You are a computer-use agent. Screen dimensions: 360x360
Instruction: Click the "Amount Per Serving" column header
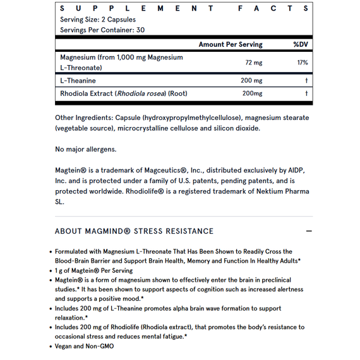tap(230, 44)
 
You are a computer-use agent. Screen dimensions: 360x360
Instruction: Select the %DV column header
tap(300, 44)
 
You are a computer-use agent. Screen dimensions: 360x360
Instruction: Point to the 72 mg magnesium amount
tap(253, 63)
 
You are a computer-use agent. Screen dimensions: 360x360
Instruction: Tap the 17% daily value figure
tap(302, 63)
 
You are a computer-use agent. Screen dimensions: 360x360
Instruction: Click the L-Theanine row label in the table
tap(78, 81)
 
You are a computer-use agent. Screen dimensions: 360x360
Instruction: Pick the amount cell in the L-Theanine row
tap(251, 81)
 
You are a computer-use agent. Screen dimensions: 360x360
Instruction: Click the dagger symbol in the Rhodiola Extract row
tap(306, 93)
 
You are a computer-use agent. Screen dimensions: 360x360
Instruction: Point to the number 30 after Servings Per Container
tap(140, 30)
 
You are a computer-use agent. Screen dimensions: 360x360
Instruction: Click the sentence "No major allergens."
tap(85, 149)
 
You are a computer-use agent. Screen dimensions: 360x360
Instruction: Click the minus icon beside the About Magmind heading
tap(309, 231)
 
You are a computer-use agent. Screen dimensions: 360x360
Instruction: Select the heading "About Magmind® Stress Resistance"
tap(134, 231)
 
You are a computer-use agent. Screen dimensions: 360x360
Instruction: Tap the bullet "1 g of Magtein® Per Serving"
tap(93, 270)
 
